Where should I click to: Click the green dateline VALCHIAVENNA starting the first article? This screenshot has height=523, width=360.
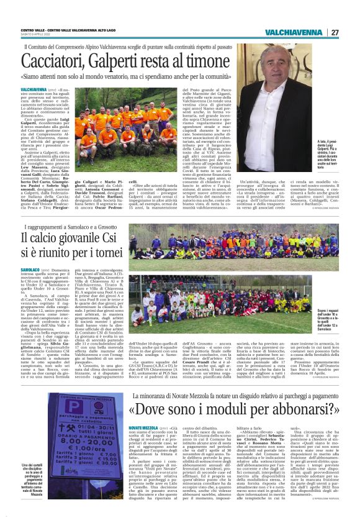(x=34, y=90)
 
